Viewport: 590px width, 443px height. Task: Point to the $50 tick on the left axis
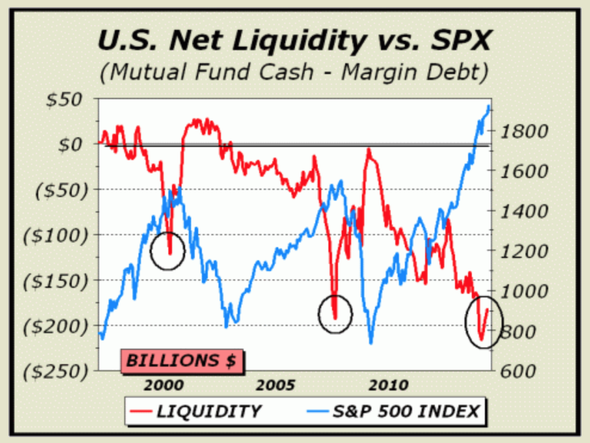coord(65,99)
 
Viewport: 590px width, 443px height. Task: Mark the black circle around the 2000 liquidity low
coord(168,251)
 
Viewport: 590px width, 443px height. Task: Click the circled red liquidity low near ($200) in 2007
coord(335,316)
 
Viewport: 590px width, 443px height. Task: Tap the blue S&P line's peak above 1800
coord(489,107)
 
